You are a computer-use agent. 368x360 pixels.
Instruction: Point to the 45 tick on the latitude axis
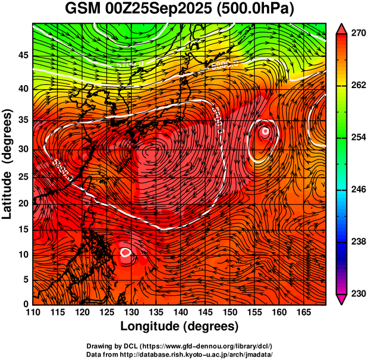pyautogui.click(x=24, y=56)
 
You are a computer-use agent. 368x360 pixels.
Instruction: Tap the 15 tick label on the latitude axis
pyautogui.click(x=24, y=230)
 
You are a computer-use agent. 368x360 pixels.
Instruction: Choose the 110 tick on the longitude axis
pyautogui.click(x=33, y=312)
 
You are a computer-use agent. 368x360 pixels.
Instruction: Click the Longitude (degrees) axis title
pyautogui.click(x=179, y=326)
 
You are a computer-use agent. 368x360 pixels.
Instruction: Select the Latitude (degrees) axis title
pyautogui.click(x=9, y=164)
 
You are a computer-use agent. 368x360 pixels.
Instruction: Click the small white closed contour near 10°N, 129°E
pyautogui.click(x=126, y=252)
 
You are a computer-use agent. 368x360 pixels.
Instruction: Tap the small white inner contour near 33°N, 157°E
pyautogui.click(x=266, y=131)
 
